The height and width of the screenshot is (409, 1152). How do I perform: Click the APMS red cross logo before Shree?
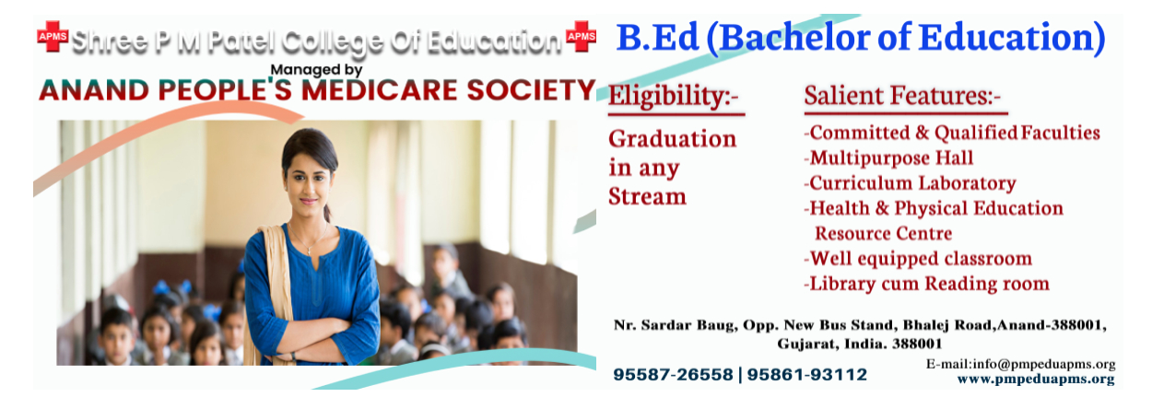coord(53,36)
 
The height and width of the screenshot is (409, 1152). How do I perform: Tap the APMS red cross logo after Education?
coord(582,36)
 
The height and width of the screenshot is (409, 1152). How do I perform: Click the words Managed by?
coord(316,70)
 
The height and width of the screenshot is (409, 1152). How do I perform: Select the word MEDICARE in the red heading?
coord(379,90)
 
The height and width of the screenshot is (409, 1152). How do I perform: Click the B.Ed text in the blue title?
coord(657,38)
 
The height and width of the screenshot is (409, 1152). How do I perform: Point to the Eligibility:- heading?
coord(674,96)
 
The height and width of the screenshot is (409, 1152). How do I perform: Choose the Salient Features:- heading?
coord(902,96)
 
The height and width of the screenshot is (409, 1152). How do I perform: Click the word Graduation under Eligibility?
coord(673,139)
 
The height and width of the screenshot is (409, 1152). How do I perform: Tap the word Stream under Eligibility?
coord(648,196)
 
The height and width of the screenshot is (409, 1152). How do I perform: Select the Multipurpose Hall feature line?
coord(888,158)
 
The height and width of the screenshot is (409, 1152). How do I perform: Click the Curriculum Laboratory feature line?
coord(911,183)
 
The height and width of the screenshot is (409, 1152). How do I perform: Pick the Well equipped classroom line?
coord(918,259)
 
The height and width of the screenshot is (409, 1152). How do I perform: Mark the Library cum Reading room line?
coord(927,284)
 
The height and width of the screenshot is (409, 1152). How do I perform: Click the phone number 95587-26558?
coord(673,375)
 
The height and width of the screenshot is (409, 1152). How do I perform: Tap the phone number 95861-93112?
coord(807,375)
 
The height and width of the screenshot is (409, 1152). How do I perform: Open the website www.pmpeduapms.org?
coord(1036,380)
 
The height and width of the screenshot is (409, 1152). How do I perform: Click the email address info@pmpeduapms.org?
coord(1044,364)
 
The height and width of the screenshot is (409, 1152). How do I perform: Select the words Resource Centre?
coord(884,234)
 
